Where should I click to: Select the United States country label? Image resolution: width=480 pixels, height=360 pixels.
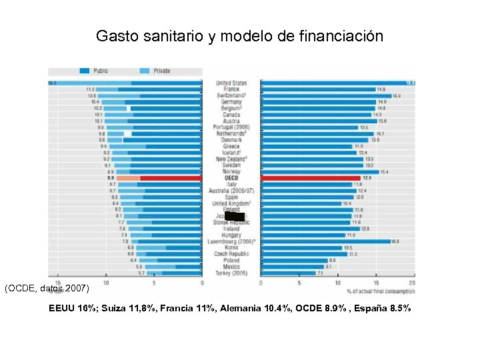click(231, 83)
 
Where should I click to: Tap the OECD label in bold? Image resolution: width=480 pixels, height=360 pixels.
click(231, 178)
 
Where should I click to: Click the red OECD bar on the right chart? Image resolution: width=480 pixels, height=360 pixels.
click(310, 178)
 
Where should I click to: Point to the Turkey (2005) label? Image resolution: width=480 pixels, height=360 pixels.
click(231, 273)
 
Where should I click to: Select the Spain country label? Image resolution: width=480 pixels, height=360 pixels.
click(231, 197)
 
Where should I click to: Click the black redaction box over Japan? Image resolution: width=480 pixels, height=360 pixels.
click(235, 216)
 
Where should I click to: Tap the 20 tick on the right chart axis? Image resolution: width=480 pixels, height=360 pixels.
click(412, 283)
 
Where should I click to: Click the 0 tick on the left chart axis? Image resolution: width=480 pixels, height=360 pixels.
click(202, 283)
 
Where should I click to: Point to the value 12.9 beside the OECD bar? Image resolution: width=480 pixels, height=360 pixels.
click(366, 178)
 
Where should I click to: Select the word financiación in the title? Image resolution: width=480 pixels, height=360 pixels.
click(345, 36)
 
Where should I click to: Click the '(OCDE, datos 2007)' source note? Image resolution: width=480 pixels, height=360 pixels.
click(45, 289)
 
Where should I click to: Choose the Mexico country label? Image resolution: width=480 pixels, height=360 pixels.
click(231, 267)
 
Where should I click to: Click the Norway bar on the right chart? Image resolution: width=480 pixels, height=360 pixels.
click(319, 172)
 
